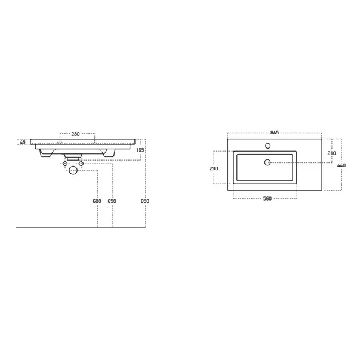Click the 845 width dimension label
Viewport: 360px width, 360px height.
pos(275,133)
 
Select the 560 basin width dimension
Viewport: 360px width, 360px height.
pos(267,198)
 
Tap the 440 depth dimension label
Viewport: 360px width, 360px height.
pos(341,165)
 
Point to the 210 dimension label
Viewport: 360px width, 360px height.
pos(332,153)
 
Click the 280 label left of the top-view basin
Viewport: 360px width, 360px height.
pos(214,168)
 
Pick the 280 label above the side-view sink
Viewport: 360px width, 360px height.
pos(76,134)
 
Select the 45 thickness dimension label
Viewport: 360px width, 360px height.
pos(23,143)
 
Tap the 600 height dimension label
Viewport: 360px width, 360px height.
pos(97,201)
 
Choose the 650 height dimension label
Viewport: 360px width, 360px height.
pos(112,201)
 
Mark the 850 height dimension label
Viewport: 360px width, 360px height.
pos(145,201)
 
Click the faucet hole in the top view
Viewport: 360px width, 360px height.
pos(268,146)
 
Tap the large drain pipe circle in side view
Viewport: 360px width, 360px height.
pos(73,170)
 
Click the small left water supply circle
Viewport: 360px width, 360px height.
pos(66,163)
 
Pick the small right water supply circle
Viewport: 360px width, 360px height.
pos(81,163)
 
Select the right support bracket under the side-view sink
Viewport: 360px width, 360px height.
pos(109,154)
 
